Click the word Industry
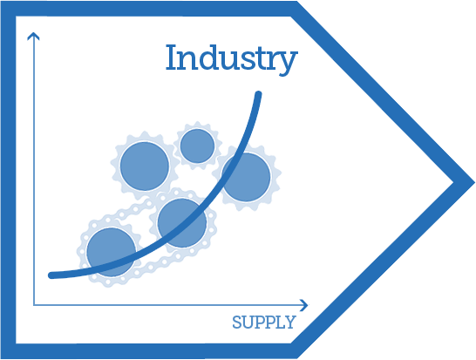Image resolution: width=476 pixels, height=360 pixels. (x=232, y=59)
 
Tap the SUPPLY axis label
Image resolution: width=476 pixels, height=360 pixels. (x=264, y=322)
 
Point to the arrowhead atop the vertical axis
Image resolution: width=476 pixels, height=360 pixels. (x=33, y=36)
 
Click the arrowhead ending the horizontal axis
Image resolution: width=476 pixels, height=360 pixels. (x=304, y=305)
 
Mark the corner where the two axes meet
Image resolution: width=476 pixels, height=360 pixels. (x=34, y=305)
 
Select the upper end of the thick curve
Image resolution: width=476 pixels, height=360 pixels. (x=258, y=94)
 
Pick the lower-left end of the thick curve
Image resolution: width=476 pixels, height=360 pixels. (x=51, y=275)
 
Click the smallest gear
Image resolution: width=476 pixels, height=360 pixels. (x=197, y=146)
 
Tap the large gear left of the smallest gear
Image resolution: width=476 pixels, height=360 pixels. (x=145, y=166)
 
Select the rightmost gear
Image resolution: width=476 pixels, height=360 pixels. (x=246, y=177)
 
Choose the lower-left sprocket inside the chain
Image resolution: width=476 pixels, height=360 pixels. (x=111, y=252)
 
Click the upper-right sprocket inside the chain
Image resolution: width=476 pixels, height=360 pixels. (x=182, y=223)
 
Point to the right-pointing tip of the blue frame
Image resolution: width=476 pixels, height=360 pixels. (x=474, y=183)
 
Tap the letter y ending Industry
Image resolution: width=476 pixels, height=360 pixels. (x=287, y=63)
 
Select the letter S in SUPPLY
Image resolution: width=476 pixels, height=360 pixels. (x=237, y=323)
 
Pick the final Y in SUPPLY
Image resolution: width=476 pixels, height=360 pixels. (x=290, y=323)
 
